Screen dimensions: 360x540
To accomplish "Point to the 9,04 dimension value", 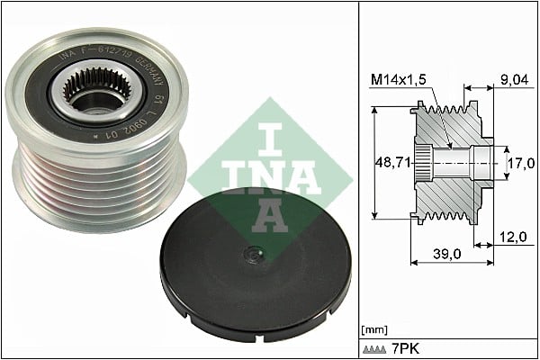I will click(x=513, y=79).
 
